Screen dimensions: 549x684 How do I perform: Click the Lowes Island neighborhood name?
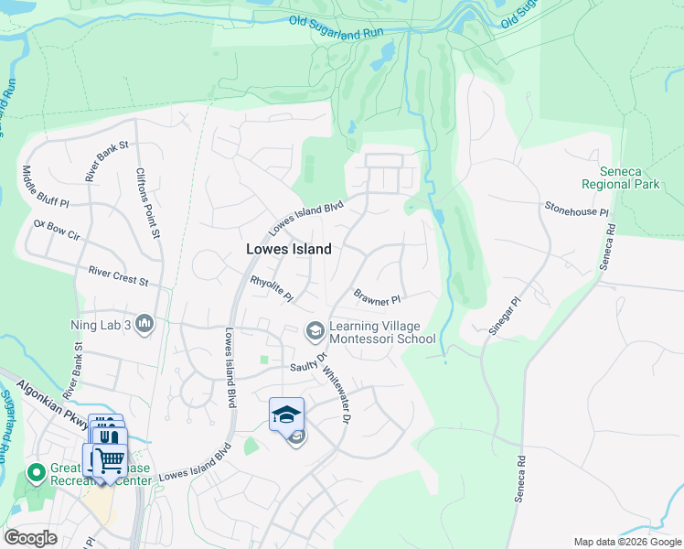pos(288,248)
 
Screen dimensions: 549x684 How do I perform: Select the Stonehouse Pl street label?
pos(576,210)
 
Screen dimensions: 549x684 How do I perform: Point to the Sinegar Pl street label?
pos(504,316)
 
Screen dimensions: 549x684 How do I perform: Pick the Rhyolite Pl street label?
pos(272,288)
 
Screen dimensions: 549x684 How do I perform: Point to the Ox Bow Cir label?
pos(57,229)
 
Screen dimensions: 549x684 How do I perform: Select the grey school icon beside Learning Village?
pos(315,329)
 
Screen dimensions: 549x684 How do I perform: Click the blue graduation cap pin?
pos(286,414)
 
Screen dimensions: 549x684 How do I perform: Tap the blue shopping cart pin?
pos(110,458)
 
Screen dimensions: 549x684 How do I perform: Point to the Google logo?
pos(30,537)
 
